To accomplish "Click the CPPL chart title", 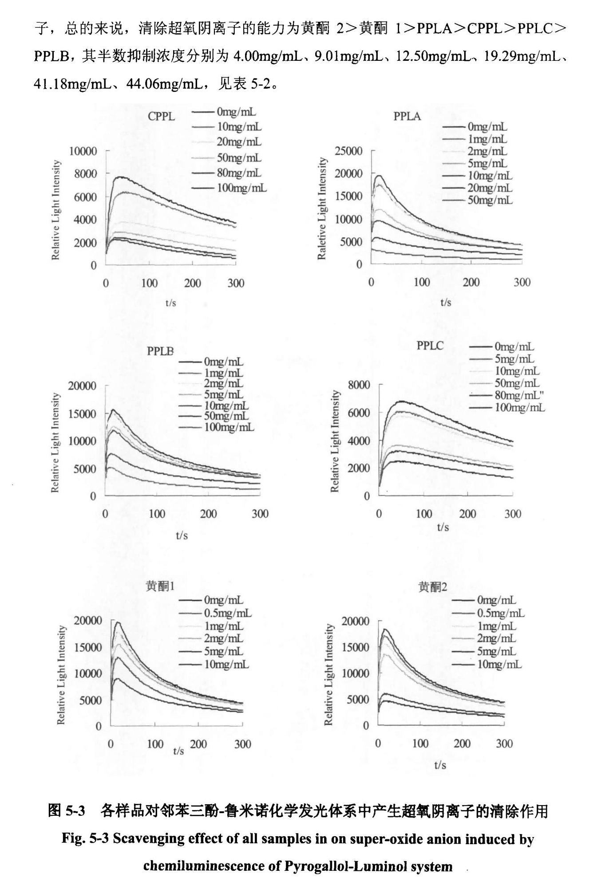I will point(161,116).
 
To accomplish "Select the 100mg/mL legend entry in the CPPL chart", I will point(242,188).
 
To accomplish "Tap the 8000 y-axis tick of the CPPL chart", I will point(85,174).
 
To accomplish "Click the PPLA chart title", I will point(407,116).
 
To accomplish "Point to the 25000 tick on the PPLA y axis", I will point(349,151).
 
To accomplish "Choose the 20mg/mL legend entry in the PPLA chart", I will point(490,188).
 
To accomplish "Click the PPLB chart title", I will point(160,351).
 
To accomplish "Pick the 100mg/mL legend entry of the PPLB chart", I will point(229,427).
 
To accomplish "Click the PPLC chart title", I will point(430,346).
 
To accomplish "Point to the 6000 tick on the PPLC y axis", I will point(359,413).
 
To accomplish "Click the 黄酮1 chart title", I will point(160,586).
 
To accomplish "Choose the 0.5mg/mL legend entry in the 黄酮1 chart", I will point(227,613).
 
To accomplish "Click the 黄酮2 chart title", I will point(433,587).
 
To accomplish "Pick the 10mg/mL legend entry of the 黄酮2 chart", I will point(499,664).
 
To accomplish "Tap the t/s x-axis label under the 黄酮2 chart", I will point(440,765).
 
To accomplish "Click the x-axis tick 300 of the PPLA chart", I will point(522,282).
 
